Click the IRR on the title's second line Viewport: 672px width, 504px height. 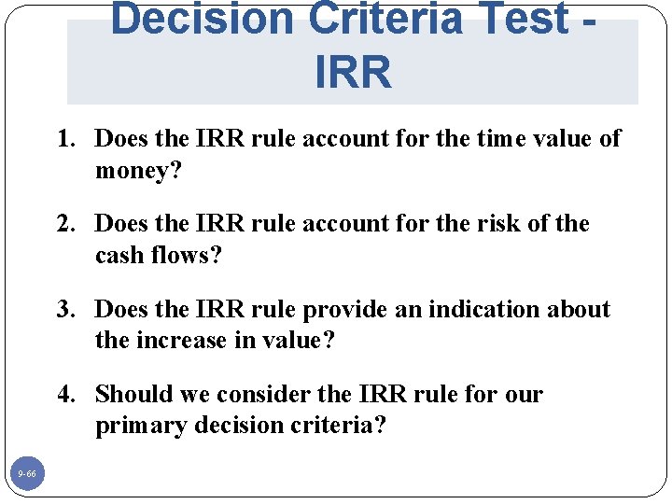click(353, 73)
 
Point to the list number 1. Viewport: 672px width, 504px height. click(65, 139)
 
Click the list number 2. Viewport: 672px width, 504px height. click(65, 224)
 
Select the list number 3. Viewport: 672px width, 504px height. click(65, 310)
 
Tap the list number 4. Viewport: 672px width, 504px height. click(65, 395)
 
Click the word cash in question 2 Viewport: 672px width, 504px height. click(119, 255)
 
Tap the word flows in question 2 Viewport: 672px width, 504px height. click(180, 255)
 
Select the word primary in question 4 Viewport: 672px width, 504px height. click(134, 427)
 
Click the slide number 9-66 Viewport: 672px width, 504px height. click(27, 475)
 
